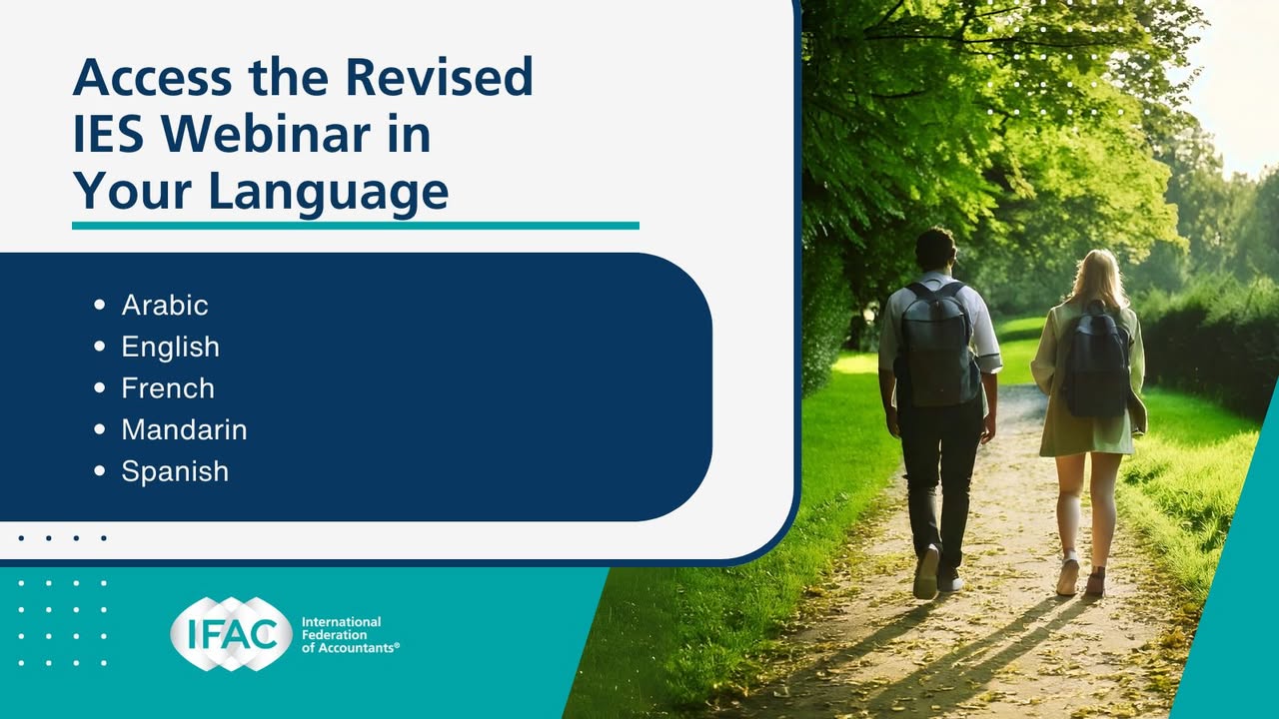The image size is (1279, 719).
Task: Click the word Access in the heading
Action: (x=153, y=77)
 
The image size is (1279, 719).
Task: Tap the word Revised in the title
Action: (x=440, y=77)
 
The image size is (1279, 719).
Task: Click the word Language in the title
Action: (x=329, y=194)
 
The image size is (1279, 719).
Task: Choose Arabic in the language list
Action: (x=165, y=305)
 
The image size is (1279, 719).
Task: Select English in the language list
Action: (x=170, y=347)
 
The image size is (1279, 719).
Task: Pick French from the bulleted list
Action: (x=168, y=388)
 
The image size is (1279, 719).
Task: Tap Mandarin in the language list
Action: (x=185, y=429)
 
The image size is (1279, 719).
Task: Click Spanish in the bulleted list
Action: (x=175, y=472)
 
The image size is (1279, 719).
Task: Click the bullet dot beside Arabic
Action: (x=99, y=305)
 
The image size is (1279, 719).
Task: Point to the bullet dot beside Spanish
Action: (x=99, y=470)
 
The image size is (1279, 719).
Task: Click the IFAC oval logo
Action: (x=231, y=633)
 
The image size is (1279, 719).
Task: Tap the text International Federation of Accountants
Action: (x=350, y=634)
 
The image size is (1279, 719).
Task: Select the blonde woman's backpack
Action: (x=1096, y=362)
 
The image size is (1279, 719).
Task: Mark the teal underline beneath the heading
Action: (x=355, y=226)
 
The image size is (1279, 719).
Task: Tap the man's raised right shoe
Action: (x=925, y=572)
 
